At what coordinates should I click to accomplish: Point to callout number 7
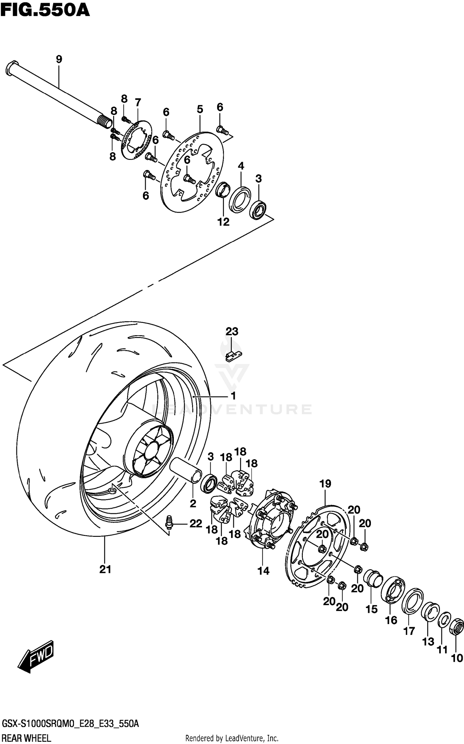pyautogui.click(x=138, y=102)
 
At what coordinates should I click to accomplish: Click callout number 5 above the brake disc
pyautogui.click(x=200, y=109)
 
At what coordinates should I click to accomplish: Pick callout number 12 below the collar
pyautogui.click(x=223, y=222)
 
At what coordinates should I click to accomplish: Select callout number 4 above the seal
pyautogui.click(x=241, y=166)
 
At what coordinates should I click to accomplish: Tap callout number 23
pyautogui.click(x=232, y=331)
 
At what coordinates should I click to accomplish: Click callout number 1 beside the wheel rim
pyautogui.click(x=234, y=396)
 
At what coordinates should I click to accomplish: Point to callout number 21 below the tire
pyautogui.click(x=105, y=569)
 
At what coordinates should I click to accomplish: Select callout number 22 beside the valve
pyautogui.click(x=195, y=524)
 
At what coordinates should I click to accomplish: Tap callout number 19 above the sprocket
pyautogui.click(x=325, y=484)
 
